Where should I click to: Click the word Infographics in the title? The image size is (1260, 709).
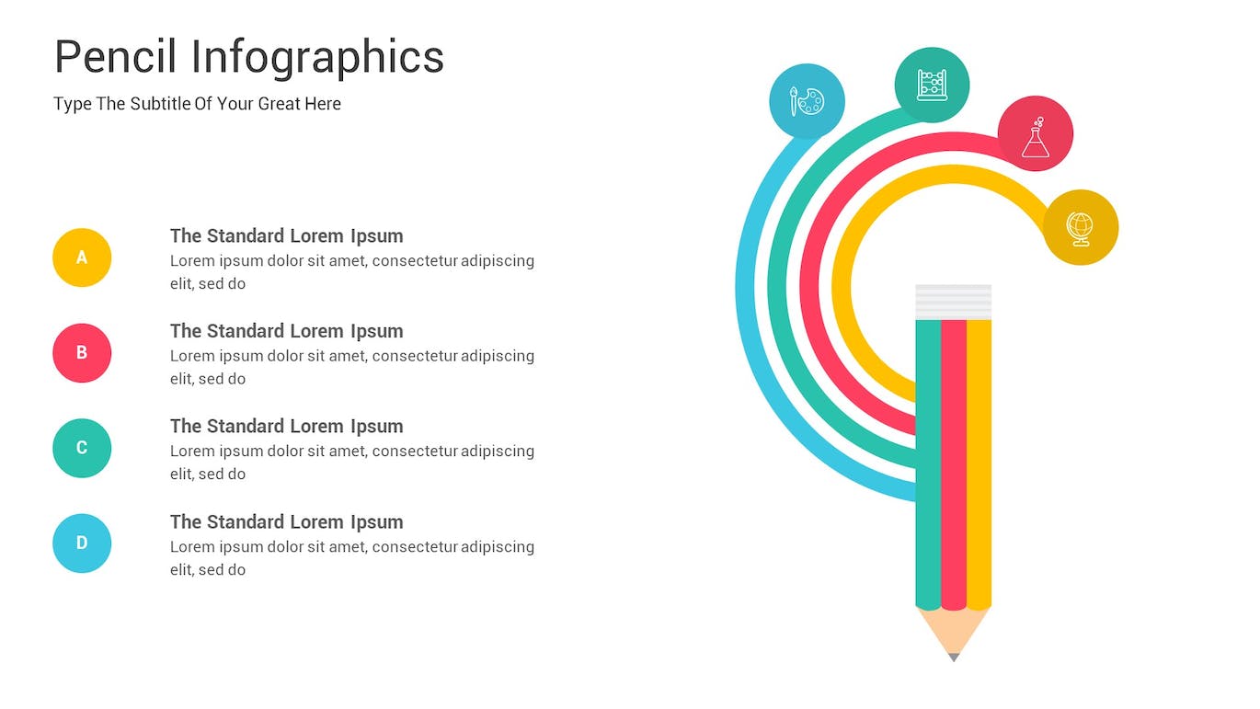pos(317,57)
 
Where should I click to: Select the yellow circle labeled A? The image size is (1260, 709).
pos(82,257)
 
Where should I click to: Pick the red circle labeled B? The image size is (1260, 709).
pos(82,353)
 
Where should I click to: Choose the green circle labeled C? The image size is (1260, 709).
pos(82,448)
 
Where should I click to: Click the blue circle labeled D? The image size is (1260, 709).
pos(82,543)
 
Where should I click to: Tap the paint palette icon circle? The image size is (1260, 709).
pos(807,101)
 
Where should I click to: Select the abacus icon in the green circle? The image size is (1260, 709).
pos(932,85)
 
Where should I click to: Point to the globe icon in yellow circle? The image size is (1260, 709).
pos(1081,227)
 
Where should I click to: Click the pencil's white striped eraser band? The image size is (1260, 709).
pos(954,302)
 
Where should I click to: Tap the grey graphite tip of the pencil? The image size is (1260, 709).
pos(954,657)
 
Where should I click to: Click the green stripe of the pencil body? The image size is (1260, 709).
pos(928,460)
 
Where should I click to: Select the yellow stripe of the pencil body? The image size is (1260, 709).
pos(979,460)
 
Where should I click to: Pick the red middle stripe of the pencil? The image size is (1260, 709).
pos(954,460)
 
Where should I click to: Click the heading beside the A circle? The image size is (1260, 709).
pos(286,235)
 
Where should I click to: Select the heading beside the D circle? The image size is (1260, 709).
pos(286,521)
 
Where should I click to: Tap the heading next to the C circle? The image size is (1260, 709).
pos(286,426)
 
